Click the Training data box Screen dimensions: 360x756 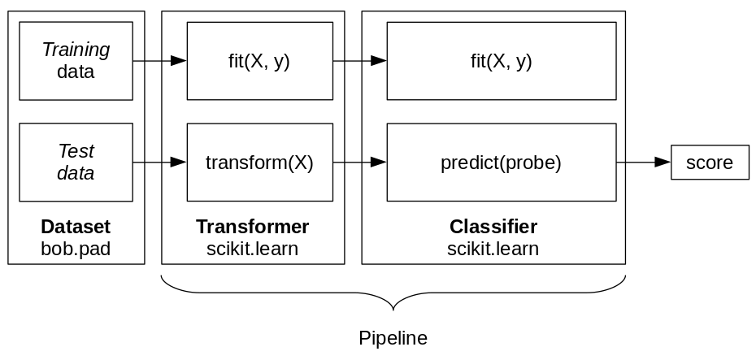point(76,61)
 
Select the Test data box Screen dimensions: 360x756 point(76,162)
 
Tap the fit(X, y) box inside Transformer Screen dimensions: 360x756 point(259,61)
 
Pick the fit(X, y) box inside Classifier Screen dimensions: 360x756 point(501,61)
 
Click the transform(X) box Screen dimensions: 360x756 point(259,162)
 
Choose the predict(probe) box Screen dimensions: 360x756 point(501,162)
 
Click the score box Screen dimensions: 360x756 point(709,163)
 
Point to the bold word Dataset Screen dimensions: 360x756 point(76,227)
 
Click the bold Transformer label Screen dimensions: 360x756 point(252,227)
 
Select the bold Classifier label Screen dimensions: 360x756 point(493,227)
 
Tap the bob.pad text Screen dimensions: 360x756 point(76,249)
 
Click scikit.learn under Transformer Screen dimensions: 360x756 point(252,249)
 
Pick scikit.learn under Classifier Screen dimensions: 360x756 point(493,249)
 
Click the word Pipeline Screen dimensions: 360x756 point(393,337)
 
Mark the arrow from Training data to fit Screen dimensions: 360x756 point(159,61)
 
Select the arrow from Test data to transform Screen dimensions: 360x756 point(159,163)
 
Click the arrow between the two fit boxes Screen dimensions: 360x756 point(359,61)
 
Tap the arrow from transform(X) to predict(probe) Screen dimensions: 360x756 point(359,163)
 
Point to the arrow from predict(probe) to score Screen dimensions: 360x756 point(643,163)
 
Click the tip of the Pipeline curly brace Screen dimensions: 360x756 point(393,310)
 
